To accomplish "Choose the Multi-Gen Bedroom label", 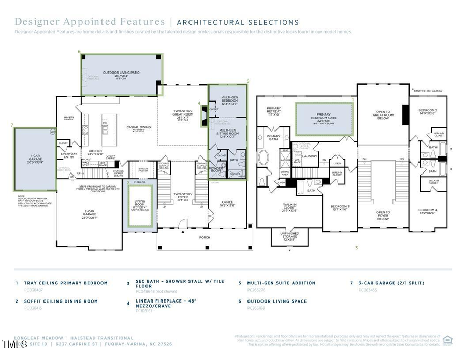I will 229,100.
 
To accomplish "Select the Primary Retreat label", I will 274,111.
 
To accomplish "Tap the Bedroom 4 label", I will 428,211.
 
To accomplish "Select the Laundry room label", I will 309,156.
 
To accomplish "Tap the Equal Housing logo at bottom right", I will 448,340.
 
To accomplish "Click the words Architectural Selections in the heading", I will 238,22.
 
